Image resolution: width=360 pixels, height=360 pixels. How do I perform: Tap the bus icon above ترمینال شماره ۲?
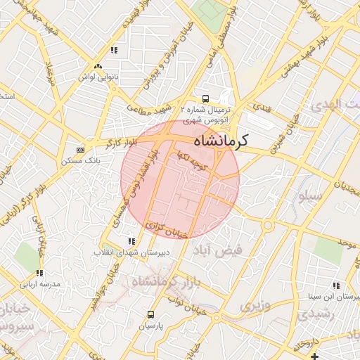[x=205, y=98]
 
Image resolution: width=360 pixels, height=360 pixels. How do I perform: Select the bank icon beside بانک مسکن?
[x=80, y=149]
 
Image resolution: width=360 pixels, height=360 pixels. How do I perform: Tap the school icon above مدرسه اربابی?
[x=39, y=273]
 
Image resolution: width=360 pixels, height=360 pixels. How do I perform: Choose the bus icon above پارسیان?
[x=151, y=314]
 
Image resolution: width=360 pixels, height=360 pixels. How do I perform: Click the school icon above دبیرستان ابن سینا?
[x=336, y=285]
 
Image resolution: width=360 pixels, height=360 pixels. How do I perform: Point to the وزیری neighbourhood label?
[x=254, y=306]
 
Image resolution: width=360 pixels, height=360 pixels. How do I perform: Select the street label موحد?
[x=345, y=242]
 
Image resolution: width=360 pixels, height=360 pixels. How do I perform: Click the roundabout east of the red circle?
[x=267, y=225]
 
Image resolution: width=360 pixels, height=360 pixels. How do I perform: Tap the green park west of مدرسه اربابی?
[x=28, y=257]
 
